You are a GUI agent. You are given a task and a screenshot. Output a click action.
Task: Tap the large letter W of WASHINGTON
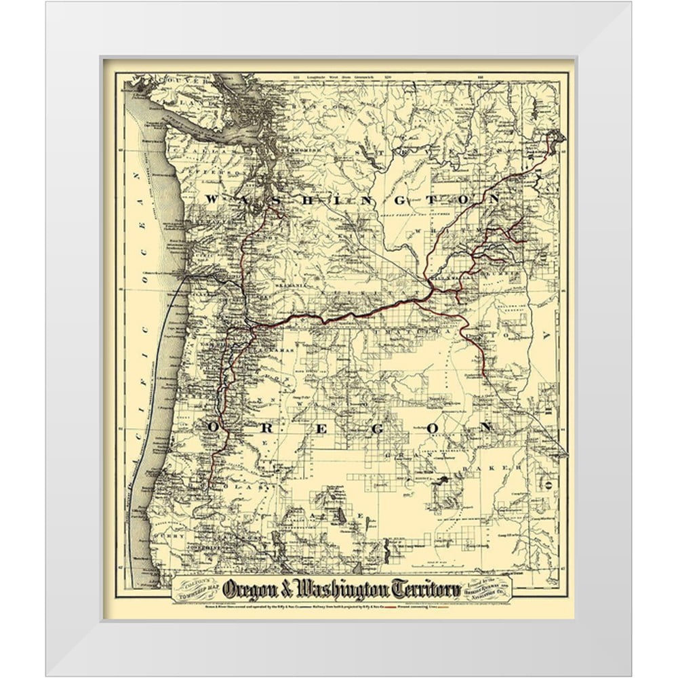[212, 199]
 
